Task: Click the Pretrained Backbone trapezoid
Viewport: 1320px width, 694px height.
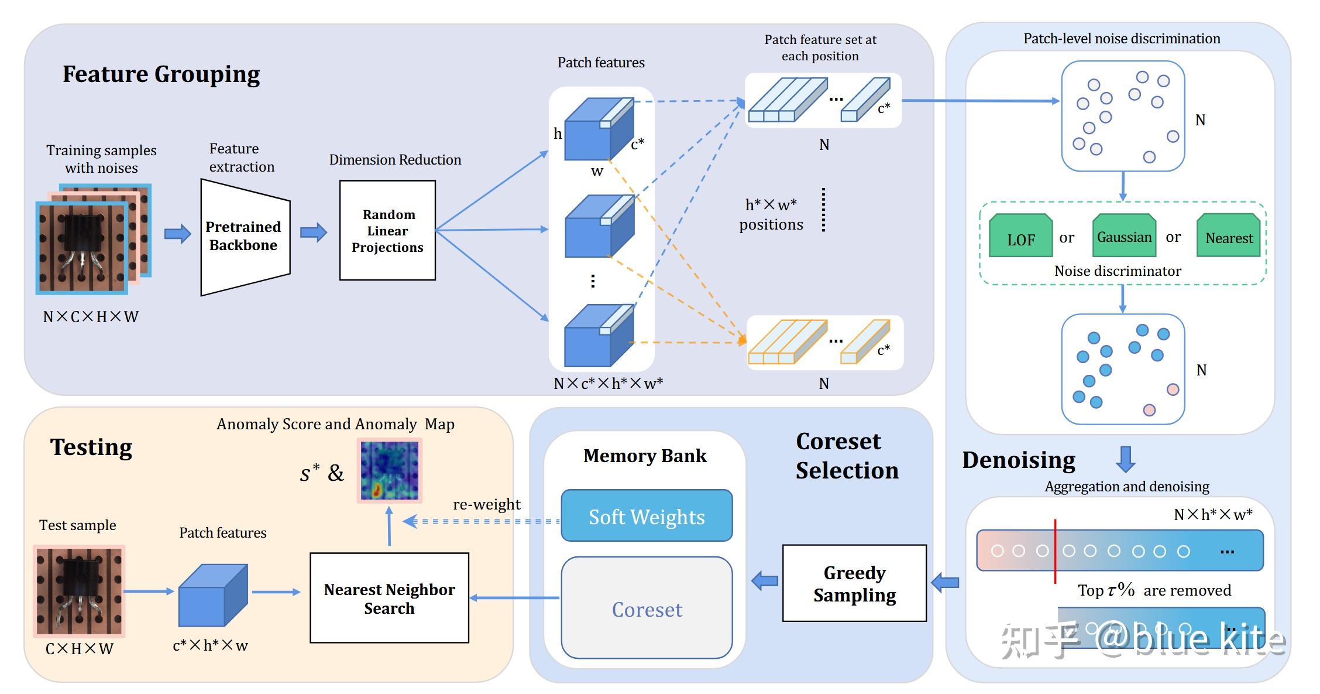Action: [x=245, y=236]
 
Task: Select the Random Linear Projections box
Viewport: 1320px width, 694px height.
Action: [x=387, y=230]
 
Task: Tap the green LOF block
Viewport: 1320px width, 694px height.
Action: [x=1020, y=237]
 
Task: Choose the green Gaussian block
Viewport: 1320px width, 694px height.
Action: [x=1124, y=236]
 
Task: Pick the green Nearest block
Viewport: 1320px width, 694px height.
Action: [x=1228, y=237]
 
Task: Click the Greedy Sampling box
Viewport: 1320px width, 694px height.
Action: [x=854, y=583]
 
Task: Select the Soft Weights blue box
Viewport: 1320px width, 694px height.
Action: [x=647, y=516]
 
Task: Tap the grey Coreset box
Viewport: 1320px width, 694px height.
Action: [x=647, y=608]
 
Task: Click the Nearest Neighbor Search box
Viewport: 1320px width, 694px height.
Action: [x=389, y=598]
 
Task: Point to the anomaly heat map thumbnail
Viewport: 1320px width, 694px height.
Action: [x=390, y=471]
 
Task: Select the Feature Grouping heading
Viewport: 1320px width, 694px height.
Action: [x=161, y=74]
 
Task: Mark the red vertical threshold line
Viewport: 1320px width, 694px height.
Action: [x=1055, y=551]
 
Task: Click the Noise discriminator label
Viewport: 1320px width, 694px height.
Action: [x=1118, y=271]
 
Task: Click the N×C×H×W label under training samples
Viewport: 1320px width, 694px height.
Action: [x=91, y=317]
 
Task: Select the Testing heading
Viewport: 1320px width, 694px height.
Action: [x=91, y=447]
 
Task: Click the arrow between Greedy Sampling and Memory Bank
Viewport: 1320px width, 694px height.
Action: [x=764, y=581]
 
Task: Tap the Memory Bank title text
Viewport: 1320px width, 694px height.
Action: [x=645, y=456]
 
